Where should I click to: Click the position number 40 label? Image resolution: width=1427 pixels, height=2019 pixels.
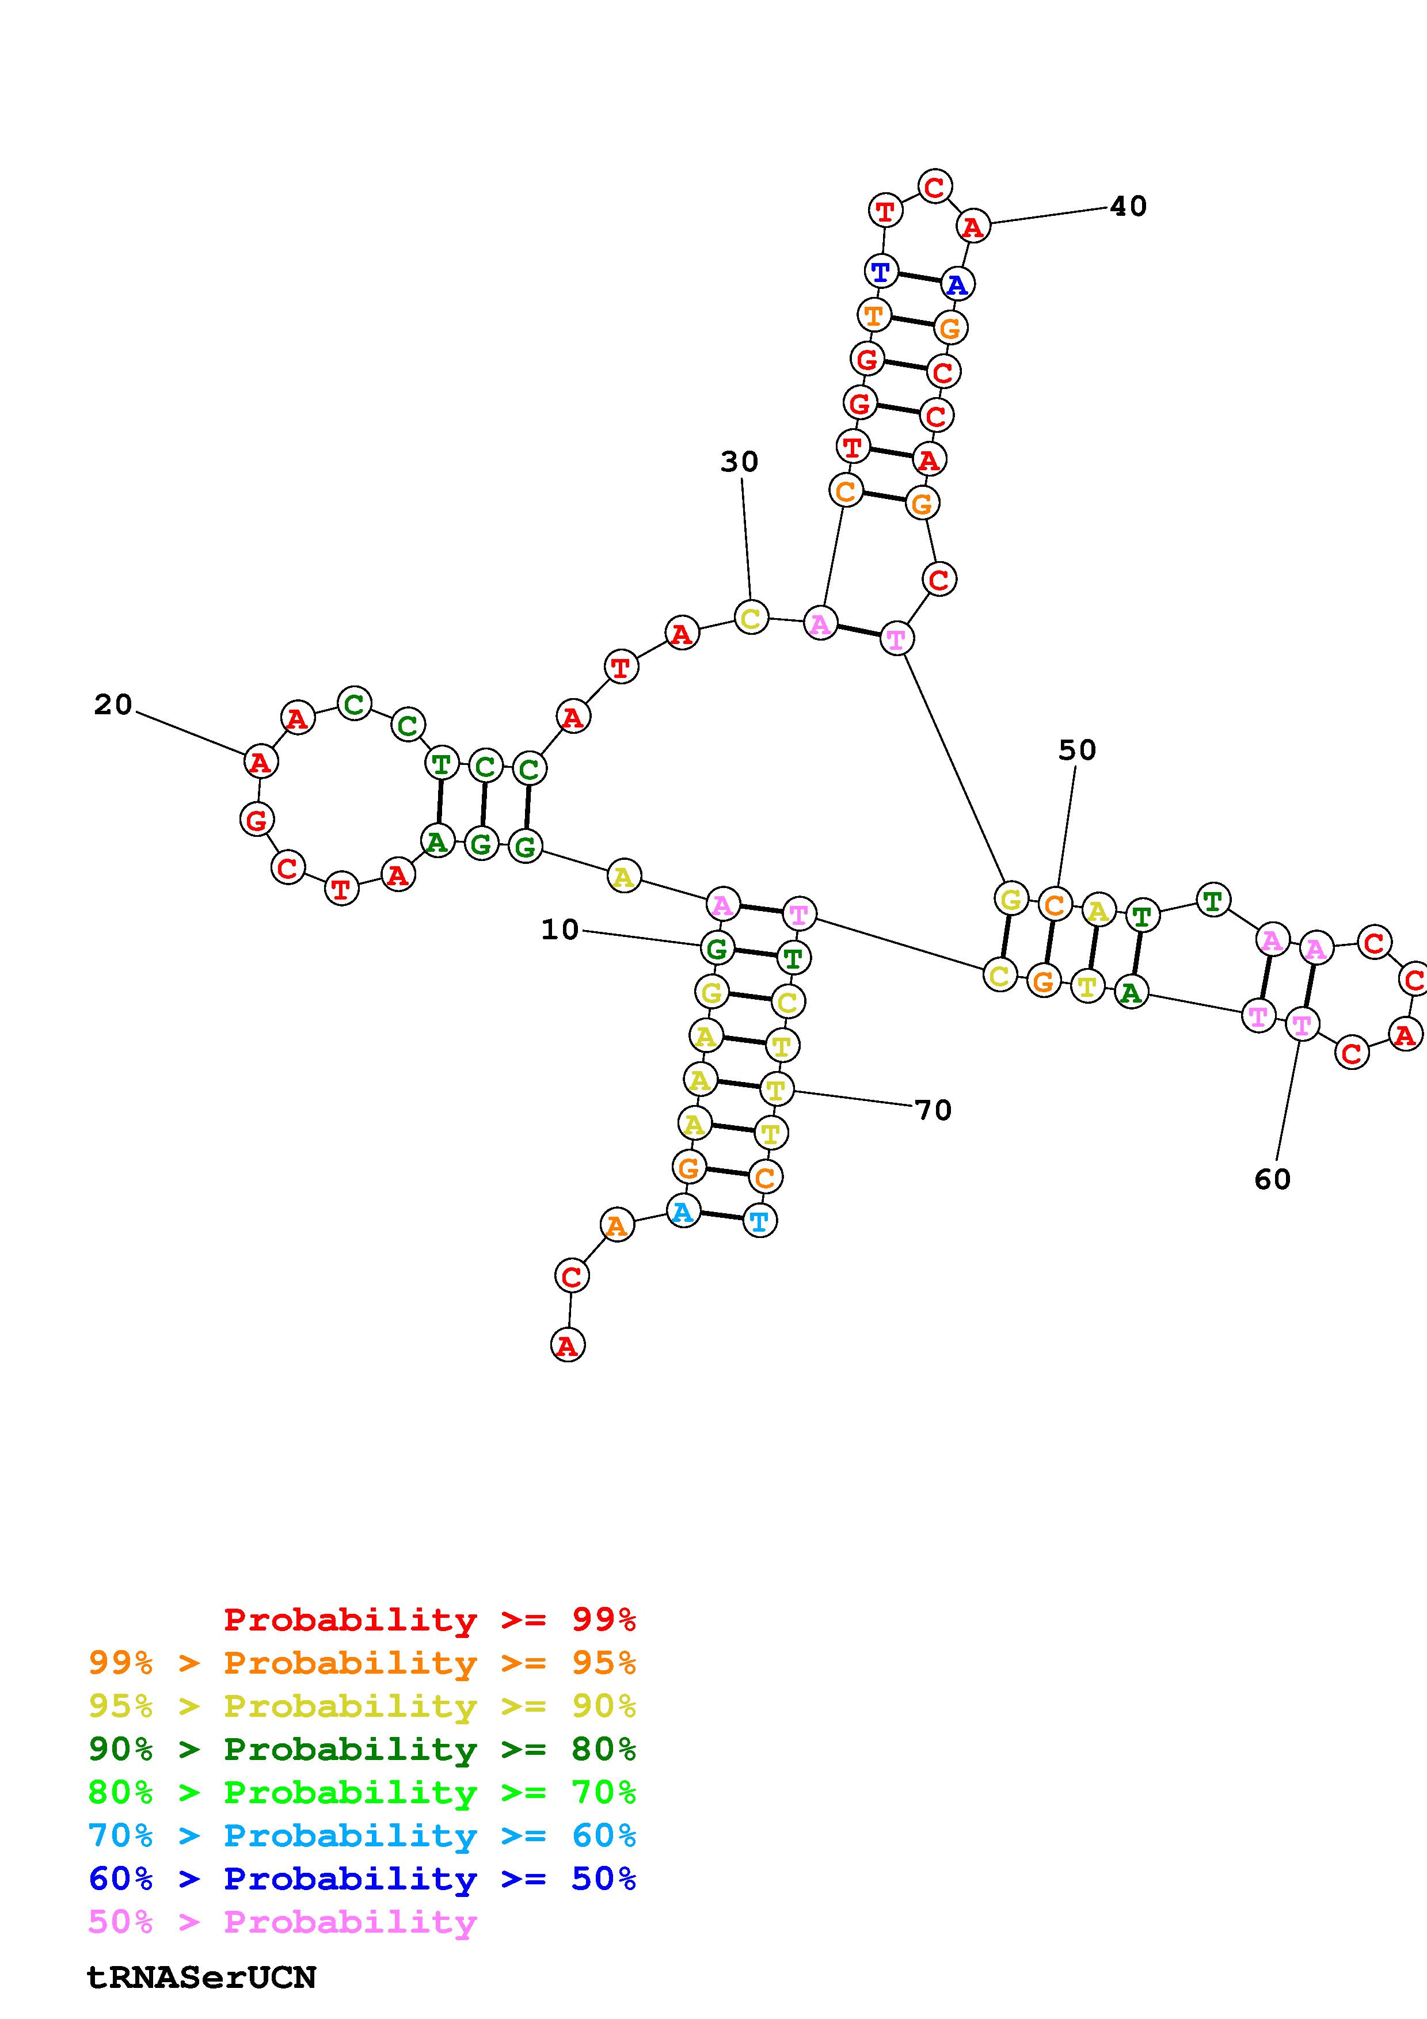(1128, 206)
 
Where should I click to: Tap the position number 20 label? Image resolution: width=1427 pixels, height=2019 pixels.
(113, 704)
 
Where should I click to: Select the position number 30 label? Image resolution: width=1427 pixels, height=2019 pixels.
(739, 462)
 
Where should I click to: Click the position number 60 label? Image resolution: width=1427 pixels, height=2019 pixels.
(1272, 1179)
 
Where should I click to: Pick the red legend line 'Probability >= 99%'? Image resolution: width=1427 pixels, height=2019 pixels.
(430, 1620)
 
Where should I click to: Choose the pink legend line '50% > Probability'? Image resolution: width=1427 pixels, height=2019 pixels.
(282, 1922)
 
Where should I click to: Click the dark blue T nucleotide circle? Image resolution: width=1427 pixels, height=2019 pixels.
(881, 271)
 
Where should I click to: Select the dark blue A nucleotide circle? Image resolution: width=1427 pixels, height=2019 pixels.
(957, 284)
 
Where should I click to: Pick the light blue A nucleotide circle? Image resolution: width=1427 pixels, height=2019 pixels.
(682, 1213)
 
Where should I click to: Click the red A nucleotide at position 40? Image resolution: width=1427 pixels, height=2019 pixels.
(972, 227)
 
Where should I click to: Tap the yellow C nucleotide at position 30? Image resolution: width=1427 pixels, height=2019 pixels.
(750, 618)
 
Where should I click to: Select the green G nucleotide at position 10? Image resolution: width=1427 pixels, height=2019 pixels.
(717, 948)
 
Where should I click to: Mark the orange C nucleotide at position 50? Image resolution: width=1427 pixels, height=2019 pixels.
(1055, 903)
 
